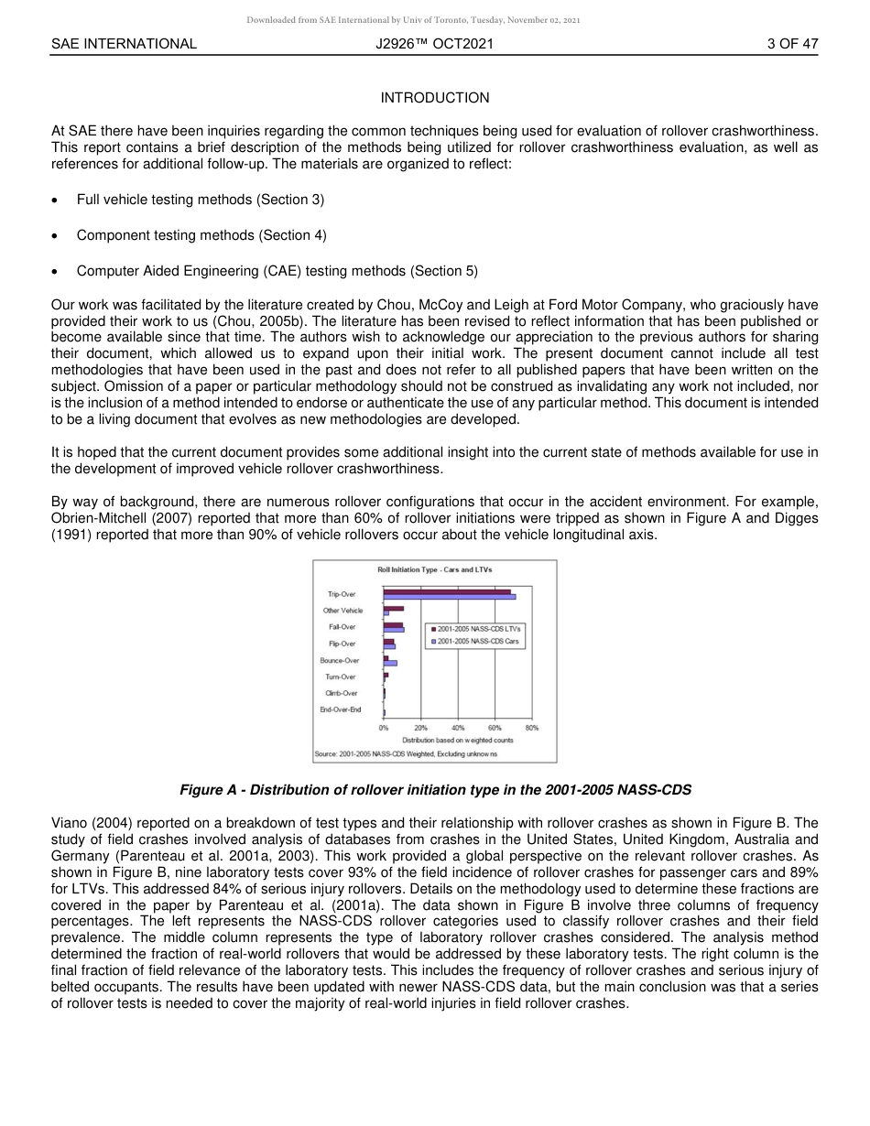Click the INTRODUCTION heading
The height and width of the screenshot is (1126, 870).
point(435,98)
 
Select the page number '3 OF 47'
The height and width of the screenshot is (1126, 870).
point(792,43)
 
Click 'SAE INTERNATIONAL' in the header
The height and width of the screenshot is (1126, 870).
point(124,43)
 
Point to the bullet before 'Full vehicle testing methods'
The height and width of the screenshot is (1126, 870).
point(57,200)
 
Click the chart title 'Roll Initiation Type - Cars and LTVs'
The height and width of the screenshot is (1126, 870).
point(434,569)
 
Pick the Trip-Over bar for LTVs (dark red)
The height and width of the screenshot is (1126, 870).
point(447,591)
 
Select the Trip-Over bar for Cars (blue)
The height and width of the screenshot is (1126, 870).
point(449,597)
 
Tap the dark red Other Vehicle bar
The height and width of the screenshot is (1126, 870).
point(394,608)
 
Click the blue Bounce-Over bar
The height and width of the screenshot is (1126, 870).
point(390,663)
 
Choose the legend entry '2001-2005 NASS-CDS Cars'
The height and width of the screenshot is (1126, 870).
point(478,642)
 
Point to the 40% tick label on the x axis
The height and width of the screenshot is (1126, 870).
point(458,728)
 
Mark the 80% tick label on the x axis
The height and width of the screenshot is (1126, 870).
point(532,728)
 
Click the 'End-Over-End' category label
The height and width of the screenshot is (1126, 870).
point(341,709)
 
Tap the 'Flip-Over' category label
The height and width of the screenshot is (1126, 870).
point(342,644)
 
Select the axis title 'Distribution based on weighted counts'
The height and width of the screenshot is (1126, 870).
point(457,740)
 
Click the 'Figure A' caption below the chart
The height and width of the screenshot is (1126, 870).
point(435,789)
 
